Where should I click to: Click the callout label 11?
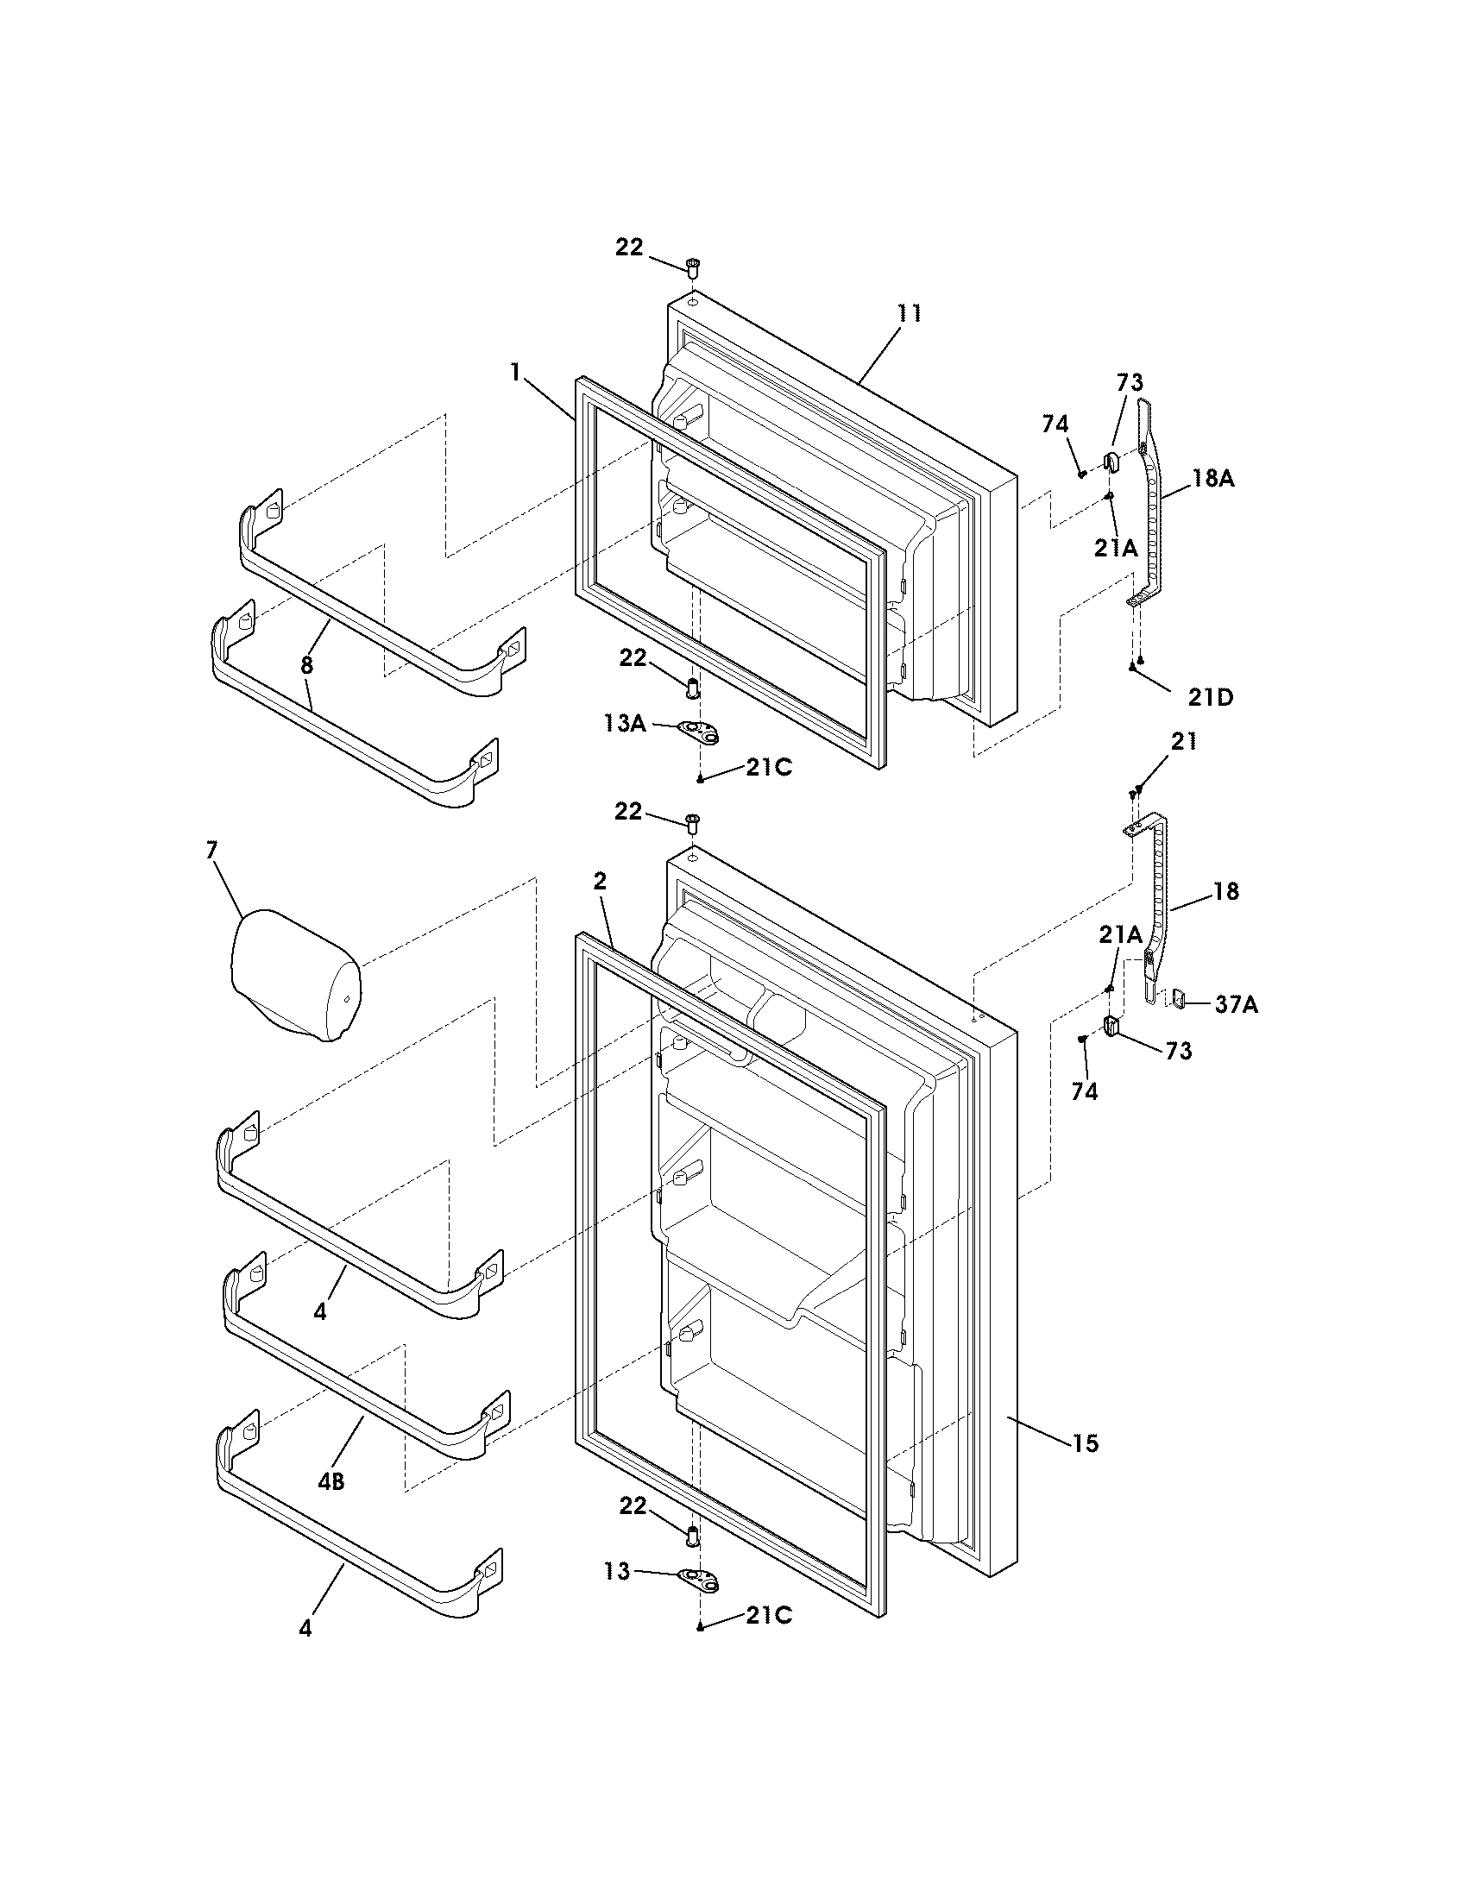(909, 314)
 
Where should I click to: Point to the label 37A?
(1236, 1004)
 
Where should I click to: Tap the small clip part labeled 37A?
(1180, 998)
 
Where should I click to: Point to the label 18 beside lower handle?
(1225, 891)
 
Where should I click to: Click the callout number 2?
(599, 880)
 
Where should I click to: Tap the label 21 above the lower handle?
(1183, 741)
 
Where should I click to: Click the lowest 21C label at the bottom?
(768, 1615)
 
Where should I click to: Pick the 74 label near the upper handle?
(1055, 424)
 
